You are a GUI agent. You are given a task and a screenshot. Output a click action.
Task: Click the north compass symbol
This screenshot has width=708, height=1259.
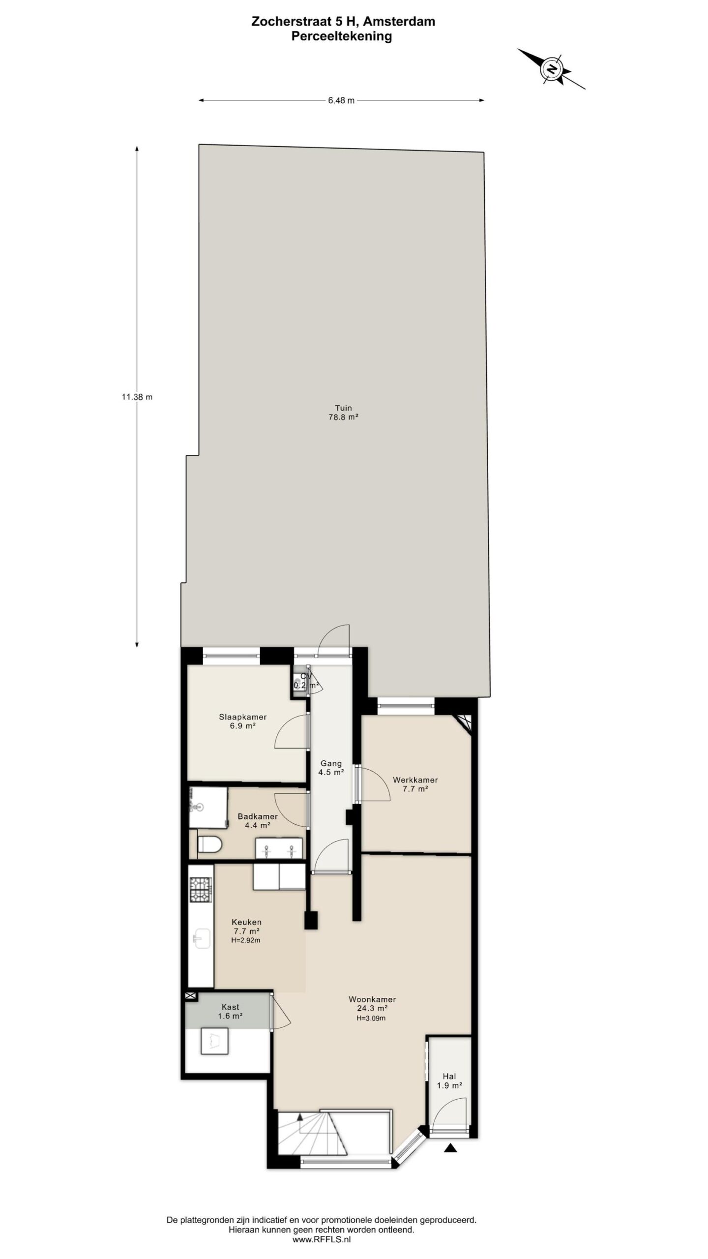click(552, 69)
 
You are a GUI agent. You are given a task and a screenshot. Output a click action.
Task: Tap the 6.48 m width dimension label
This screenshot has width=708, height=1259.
click(341, 101)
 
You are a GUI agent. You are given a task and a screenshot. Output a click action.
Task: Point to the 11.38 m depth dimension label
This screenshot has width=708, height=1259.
click(137, 397)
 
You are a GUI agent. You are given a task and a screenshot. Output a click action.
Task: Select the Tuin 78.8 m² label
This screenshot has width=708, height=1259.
click(343, 412)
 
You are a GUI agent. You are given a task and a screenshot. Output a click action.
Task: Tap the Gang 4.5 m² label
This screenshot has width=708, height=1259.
click(331, 768)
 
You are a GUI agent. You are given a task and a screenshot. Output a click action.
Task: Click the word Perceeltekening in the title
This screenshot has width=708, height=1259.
click(342, 36)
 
